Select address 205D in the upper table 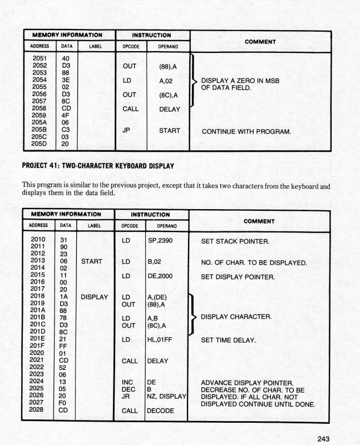(x=40, y=143)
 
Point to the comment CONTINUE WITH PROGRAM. (x=247, y=132)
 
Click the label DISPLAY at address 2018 (x=95, y=297)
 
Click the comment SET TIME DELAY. (x=228, y=340)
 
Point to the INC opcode (x=127, y=382)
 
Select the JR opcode (x=125, y=397)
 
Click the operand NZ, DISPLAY (x=166, y=397)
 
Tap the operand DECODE (x=160, y=411)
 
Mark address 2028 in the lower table (x=38, y=410)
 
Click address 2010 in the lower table (x=38, y=239)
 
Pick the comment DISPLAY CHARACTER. (x=236, y=317)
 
